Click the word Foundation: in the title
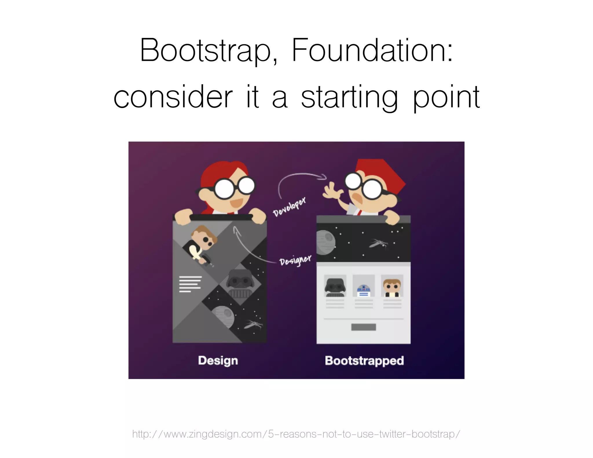click(x=372, y=51)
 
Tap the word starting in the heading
click(x=349, y=98)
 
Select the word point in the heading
click(x=446, y=98)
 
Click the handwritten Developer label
click(x=289, y=206)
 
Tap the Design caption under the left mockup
click(x=218, y=361)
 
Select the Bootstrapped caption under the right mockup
click(x=364, y=361)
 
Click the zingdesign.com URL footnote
click(x=296, y=434)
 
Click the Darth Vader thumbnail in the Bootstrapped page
click(x=335, y=286)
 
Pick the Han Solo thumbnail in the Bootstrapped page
click(x=392, y=286)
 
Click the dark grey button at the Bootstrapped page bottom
click(x=363, y=327)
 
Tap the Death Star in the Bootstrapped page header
click(x=325, y=242)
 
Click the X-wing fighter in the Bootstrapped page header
click(x=378, y=243)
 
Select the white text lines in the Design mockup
click(x=190, y=284)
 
